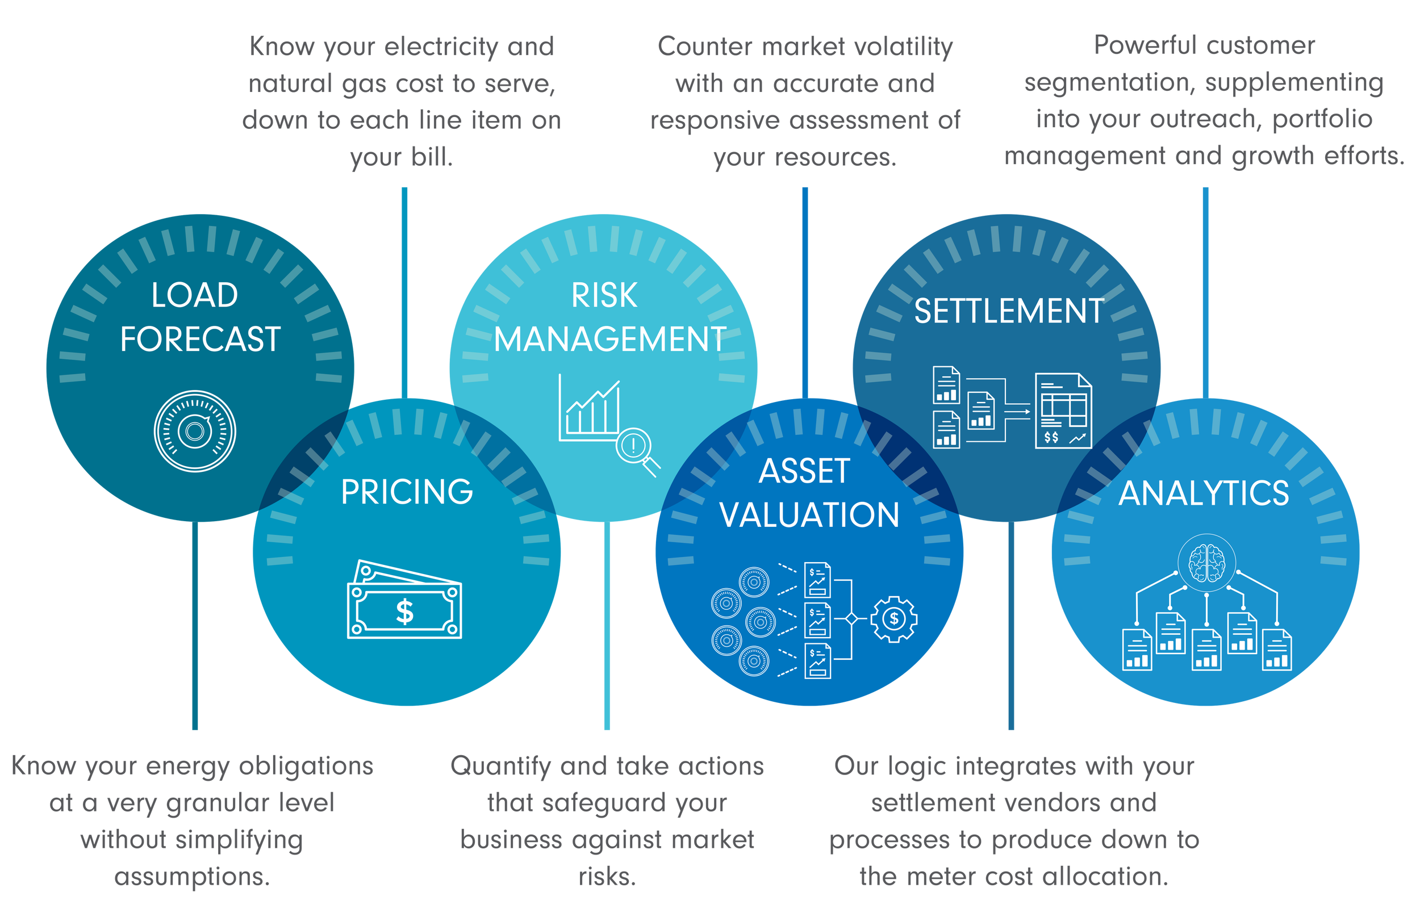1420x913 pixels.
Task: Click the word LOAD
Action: (194, 295)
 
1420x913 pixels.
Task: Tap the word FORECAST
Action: (201, 339)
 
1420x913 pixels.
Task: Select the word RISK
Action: (604, 295)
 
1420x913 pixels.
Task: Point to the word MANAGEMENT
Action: (610, 339)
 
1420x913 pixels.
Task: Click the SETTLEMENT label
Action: (1009, 311)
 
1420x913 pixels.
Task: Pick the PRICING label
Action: (407, 492)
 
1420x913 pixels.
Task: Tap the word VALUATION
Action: (809, 514)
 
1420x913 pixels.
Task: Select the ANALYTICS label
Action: (1204, 493)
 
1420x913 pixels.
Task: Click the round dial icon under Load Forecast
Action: (195, 431)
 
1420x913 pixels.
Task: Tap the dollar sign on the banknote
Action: (405, 612)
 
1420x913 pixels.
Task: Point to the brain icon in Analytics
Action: (1206, 562)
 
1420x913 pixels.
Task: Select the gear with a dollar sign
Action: (894, 619)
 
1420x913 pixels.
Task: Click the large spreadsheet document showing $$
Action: (1064, 411)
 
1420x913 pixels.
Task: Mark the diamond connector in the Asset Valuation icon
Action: (851, 619)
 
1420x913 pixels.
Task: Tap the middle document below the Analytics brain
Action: (1206, 649)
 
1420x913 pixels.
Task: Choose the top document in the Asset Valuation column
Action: (817, 579)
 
